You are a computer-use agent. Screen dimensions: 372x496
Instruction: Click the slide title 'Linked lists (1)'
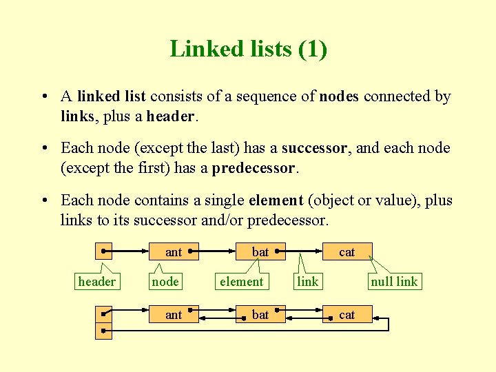point(248,49)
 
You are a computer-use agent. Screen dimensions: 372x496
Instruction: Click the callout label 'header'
point(97,281)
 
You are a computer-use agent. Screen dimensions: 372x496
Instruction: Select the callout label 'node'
point(165,281)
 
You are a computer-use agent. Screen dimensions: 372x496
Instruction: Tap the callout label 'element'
point(241,281)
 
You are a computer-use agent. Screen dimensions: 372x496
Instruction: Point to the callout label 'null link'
point(394,281)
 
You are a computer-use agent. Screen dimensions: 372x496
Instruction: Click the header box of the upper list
point(103,252)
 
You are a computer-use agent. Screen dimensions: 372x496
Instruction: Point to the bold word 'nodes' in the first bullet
point(338,96)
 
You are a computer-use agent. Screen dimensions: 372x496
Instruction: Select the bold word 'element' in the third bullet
point(276,200)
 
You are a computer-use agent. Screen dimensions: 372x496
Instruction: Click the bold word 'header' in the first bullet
point(170,117)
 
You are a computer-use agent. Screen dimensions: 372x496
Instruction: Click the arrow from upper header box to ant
point(131,252)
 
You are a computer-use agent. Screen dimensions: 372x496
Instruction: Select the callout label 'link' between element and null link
point(307,281)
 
